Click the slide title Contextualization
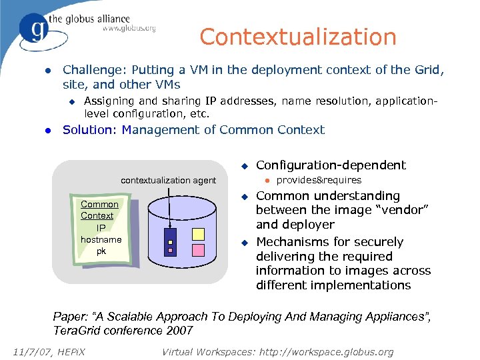297,37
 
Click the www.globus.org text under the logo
129,29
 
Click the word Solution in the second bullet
89,129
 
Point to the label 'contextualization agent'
168,180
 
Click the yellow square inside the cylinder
199,233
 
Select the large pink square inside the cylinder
199,251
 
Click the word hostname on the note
101,239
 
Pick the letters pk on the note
101,251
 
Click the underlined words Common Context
99,210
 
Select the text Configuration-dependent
331,165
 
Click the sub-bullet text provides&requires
319,180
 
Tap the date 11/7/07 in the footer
29,351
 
